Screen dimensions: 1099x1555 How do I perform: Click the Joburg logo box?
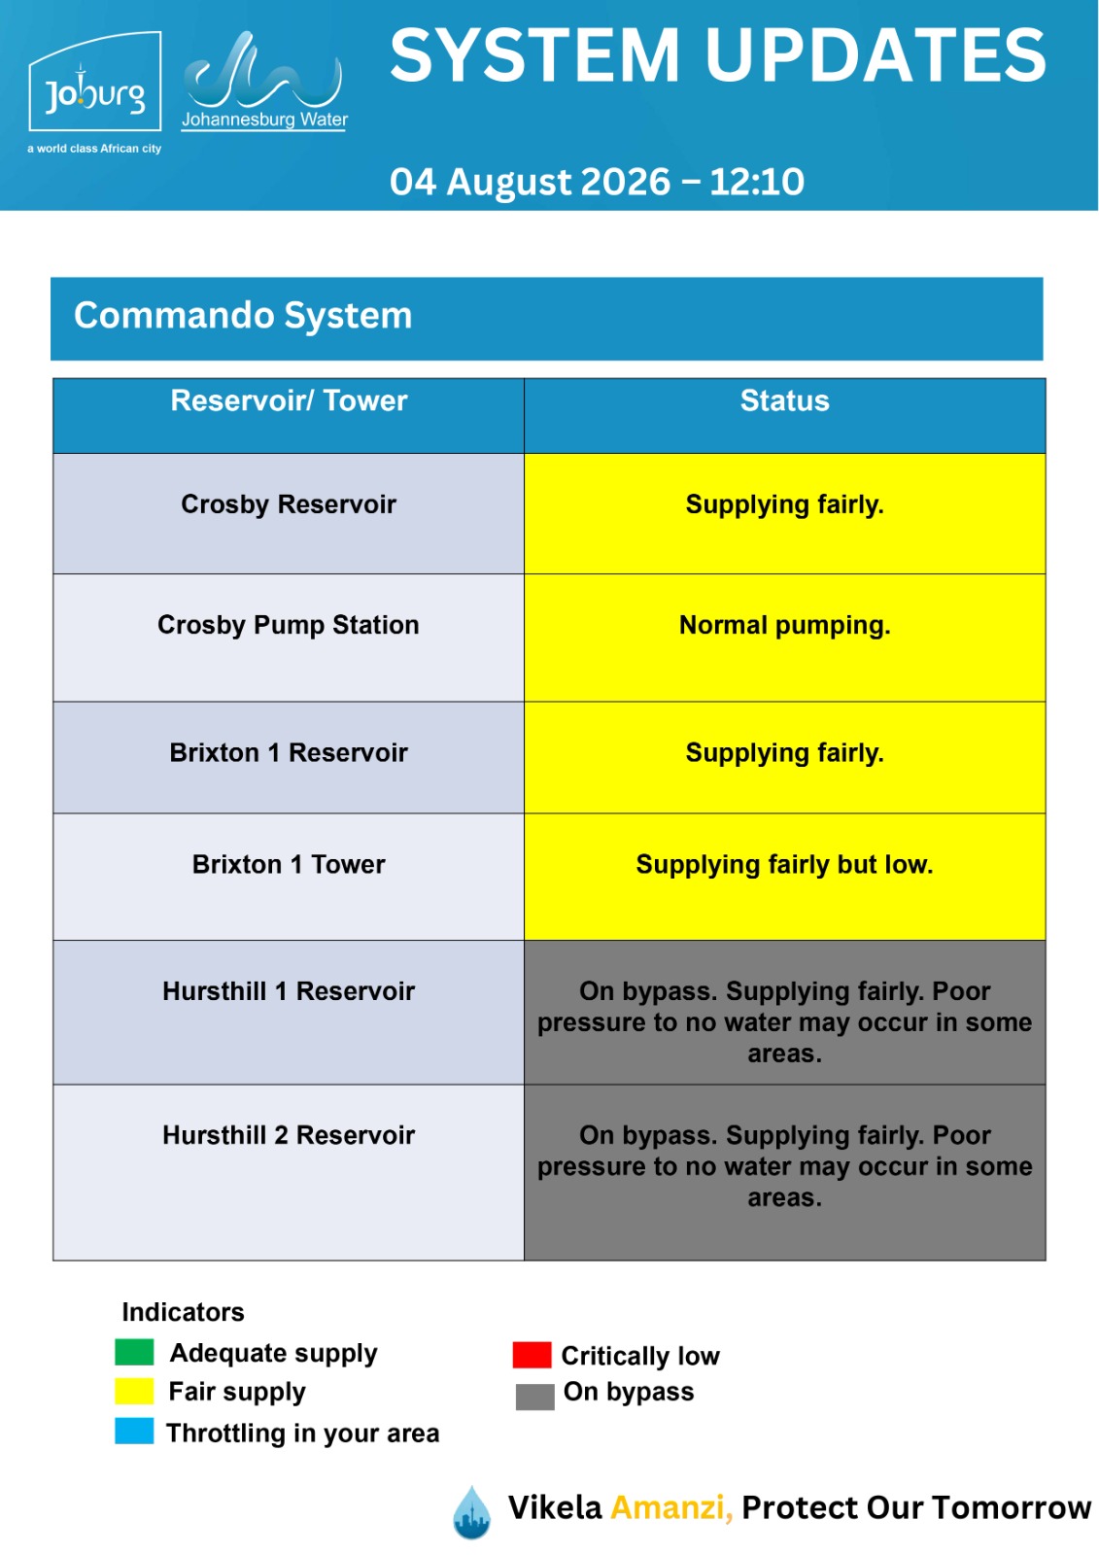94,82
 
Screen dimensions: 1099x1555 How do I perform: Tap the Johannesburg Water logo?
263,82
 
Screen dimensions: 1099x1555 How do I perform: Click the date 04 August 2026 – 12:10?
597,182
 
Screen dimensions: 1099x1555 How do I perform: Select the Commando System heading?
243,315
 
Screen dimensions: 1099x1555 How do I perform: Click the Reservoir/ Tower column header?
289,401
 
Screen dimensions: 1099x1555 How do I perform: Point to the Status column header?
784,400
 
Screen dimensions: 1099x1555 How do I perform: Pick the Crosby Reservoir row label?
289,504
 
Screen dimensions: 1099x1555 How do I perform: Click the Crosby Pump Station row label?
289,625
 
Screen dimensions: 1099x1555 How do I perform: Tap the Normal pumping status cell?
784,625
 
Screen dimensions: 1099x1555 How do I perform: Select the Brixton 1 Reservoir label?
289,752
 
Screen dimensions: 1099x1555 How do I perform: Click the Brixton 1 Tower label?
289,864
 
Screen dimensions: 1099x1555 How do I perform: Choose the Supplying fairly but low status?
784,865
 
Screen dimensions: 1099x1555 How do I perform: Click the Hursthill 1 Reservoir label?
289,991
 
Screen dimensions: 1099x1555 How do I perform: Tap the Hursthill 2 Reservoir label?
289,1135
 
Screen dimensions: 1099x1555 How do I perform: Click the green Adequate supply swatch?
134,1352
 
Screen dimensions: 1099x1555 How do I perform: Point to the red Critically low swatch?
532,1355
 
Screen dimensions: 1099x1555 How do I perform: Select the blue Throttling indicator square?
134,1432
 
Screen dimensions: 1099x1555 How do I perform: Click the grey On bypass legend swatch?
534,1397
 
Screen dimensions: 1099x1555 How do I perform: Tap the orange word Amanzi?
671,1507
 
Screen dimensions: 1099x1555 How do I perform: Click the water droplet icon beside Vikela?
472,1512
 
